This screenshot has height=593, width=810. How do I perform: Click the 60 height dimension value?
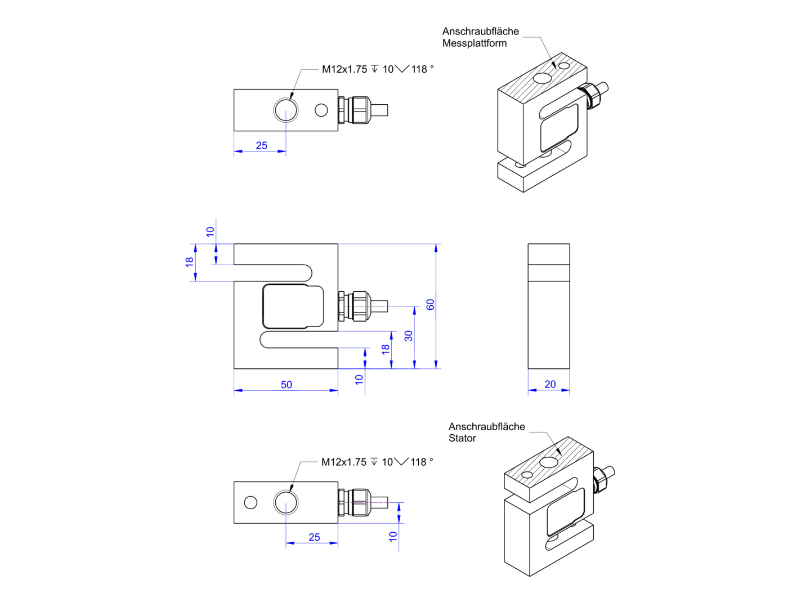431,305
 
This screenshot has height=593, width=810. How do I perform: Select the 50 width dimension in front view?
286,385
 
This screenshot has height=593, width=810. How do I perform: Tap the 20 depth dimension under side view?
550,384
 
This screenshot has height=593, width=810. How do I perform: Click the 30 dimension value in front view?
409,336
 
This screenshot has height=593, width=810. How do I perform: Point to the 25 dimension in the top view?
261,145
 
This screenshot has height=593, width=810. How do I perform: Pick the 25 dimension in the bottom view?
314,537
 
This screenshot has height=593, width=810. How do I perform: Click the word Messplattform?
474,43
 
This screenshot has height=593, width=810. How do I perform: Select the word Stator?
462,438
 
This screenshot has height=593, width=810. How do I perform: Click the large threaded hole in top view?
286,110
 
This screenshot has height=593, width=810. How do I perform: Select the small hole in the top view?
321,110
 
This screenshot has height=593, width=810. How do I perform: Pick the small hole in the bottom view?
250,502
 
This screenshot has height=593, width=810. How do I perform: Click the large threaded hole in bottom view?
286,502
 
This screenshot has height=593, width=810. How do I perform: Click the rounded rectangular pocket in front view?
293,306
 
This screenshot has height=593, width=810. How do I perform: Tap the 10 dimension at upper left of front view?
210,231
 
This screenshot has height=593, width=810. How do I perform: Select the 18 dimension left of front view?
190,262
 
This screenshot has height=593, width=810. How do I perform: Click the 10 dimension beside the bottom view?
393,536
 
